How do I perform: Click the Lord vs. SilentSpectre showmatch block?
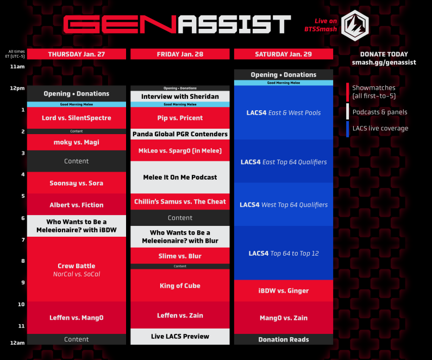(76, 118)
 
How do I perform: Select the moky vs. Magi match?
(76, 142)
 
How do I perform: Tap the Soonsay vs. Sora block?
(76, 183)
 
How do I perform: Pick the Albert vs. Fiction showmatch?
(76, 205)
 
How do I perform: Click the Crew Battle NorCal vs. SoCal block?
(76, 269)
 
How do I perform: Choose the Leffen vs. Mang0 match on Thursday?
(76, 318)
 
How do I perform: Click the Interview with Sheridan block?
(180, 97)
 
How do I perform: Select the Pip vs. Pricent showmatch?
(180, 118)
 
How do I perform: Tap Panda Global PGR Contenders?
(180, 134)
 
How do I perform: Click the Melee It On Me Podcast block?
(180, 177)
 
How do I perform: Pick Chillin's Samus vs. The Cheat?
(180, 201)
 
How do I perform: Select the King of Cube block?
(180, 286)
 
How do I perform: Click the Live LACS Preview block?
(180, 337)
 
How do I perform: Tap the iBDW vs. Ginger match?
(284, 290)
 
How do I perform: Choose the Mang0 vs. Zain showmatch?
(284, 318)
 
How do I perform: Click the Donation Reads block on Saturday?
(284, 339)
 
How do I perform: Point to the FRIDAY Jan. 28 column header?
(180, 54)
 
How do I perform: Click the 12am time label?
(18, 343)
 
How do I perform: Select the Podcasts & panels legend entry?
(379, 112)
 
